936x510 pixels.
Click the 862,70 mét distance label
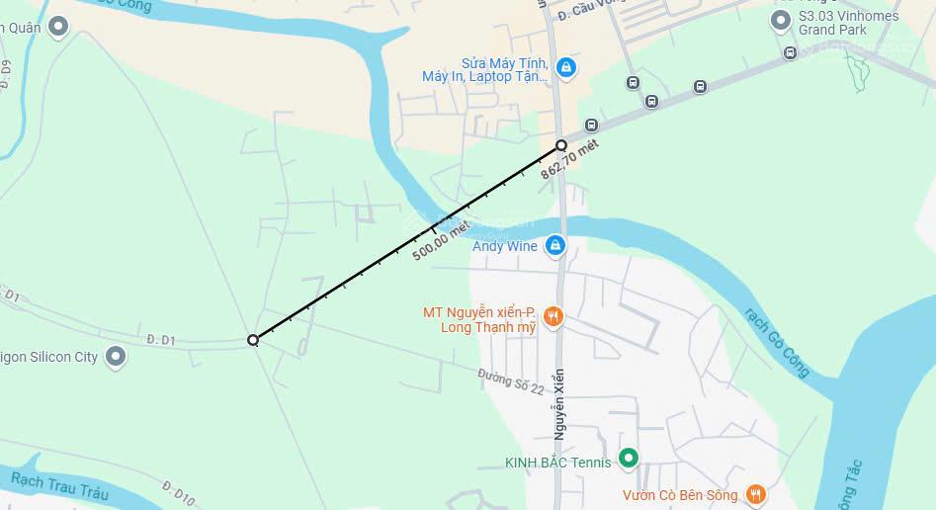[570, 158]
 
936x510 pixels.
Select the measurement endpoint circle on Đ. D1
[253, 340]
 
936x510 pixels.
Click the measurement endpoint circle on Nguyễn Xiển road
[561, 145]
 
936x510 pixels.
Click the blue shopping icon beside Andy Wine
[555, 245]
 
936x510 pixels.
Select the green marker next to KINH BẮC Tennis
[628, 459]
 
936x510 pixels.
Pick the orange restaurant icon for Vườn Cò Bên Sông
[756, 494]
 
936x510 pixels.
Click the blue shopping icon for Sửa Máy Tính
[565, 68]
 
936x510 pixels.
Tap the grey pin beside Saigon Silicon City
[117, 356]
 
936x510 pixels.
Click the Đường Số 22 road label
[510, 382]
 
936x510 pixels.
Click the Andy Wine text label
[504, 246]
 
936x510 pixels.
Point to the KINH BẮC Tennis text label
[558, 462]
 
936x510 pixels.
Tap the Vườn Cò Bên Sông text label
[681, 495]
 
